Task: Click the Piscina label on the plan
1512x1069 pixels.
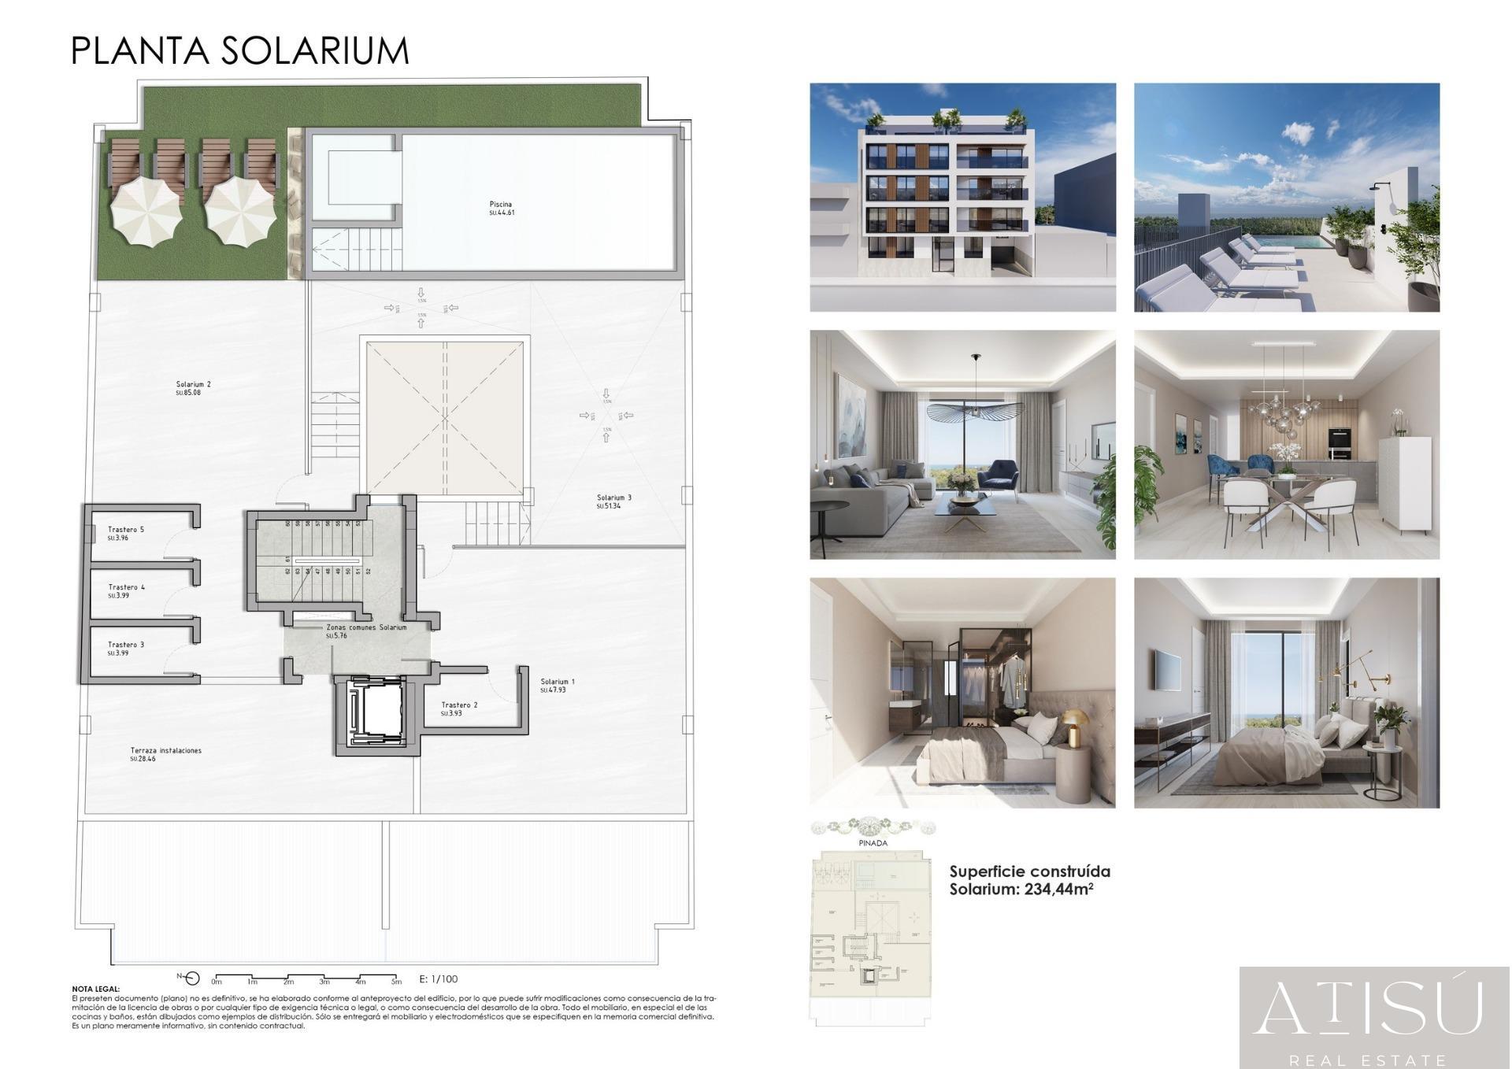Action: [501, 205]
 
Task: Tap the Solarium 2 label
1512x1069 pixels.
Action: [193, 385]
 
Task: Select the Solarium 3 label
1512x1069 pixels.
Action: [613, 498]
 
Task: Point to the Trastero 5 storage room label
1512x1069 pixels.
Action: [126, 530]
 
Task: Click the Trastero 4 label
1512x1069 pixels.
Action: [126, 587]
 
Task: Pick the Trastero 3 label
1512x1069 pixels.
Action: [126, 645]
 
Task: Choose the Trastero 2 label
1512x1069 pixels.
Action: [459, 705]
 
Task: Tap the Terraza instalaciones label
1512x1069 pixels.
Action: [165, 751]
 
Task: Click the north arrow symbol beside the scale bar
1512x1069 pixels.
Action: [191, 978]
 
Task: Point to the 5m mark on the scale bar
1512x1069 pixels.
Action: [396, 982]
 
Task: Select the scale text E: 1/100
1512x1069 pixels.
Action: [439, 979]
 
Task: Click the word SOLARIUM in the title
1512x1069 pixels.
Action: [314, 51]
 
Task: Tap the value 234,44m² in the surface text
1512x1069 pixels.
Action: [1058, 890]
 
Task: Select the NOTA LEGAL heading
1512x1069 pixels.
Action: [96, 989]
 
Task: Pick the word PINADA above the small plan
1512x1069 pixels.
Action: [873, 843]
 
